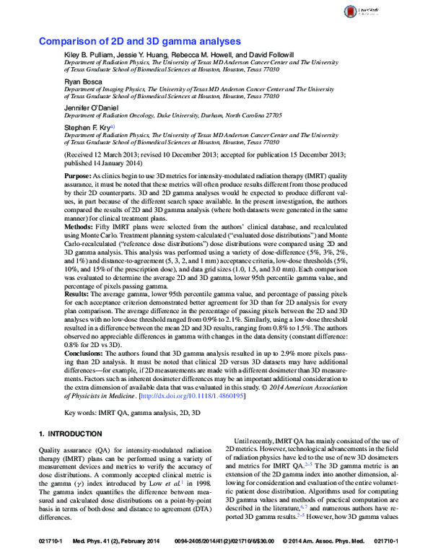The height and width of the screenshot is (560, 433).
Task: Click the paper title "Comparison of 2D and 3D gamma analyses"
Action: (139, 43)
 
